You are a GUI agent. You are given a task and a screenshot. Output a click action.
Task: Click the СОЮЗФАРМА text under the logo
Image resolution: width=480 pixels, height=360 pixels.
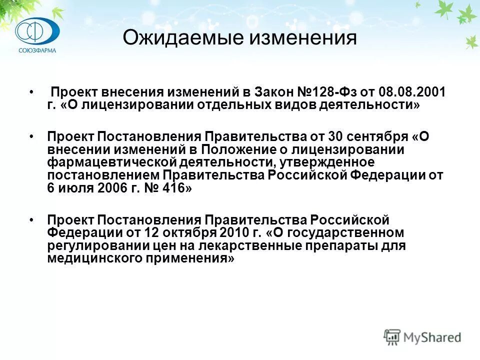[37, 50]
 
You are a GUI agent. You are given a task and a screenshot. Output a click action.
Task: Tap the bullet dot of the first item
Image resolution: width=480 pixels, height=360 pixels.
[31, 93]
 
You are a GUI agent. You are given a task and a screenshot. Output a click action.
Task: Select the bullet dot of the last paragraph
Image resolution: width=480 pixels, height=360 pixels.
[31, 220]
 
